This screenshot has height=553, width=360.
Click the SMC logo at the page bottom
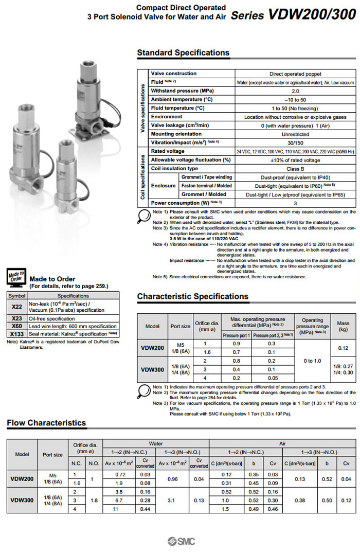click(x=180, y=541)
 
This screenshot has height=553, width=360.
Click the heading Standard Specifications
click(x=183, y=52)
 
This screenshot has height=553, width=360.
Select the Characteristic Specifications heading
click(x=192, y=296)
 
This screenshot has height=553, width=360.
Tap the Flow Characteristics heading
click(x=46, y=423)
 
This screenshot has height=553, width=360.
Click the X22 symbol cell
click(x=16, y=307)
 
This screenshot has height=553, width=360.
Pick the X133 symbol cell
click(x=16, y=334)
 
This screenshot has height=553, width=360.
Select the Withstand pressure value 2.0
click(x=295, y=91)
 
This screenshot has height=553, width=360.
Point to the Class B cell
click(x=295, y=168)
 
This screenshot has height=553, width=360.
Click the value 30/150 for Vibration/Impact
click(x=295, y=142)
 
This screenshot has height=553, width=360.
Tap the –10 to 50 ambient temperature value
click(x=295, y=99)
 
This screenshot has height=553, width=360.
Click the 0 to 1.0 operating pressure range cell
click(x=312, y=361)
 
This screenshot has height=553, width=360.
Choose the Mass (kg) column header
click(x=343, y=326)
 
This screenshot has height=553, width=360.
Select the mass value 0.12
click(x=343, y=348)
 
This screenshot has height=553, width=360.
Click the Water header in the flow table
click(x=155, y=443)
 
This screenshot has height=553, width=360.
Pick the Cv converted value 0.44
click(x=145, y=509)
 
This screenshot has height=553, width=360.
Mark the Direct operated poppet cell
click(x=295, y=74)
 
